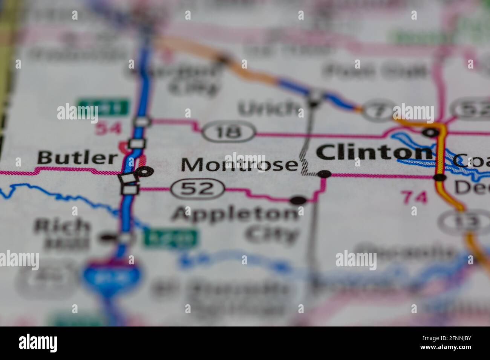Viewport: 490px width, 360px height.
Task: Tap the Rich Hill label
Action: point(62,233)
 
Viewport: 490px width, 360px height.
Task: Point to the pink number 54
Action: point(108,129)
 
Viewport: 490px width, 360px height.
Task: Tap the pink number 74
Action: point(414,197)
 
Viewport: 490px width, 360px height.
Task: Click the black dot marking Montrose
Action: point(324,174)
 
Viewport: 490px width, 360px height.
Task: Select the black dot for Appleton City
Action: point(299,200)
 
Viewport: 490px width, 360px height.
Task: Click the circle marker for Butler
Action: point(145,171)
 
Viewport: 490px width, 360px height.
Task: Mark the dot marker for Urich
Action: point(313,103)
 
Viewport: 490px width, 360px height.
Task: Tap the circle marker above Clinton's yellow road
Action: point(431,133)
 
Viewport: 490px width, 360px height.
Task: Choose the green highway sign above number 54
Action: point(104,108)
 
